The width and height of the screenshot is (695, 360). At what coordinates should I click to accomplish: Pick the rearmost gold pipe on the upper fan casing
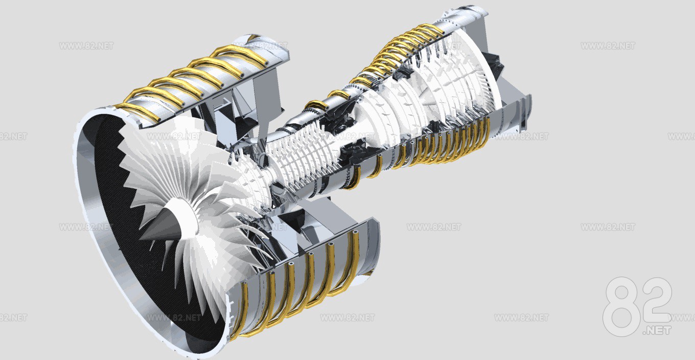click(x=243, y=54)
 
